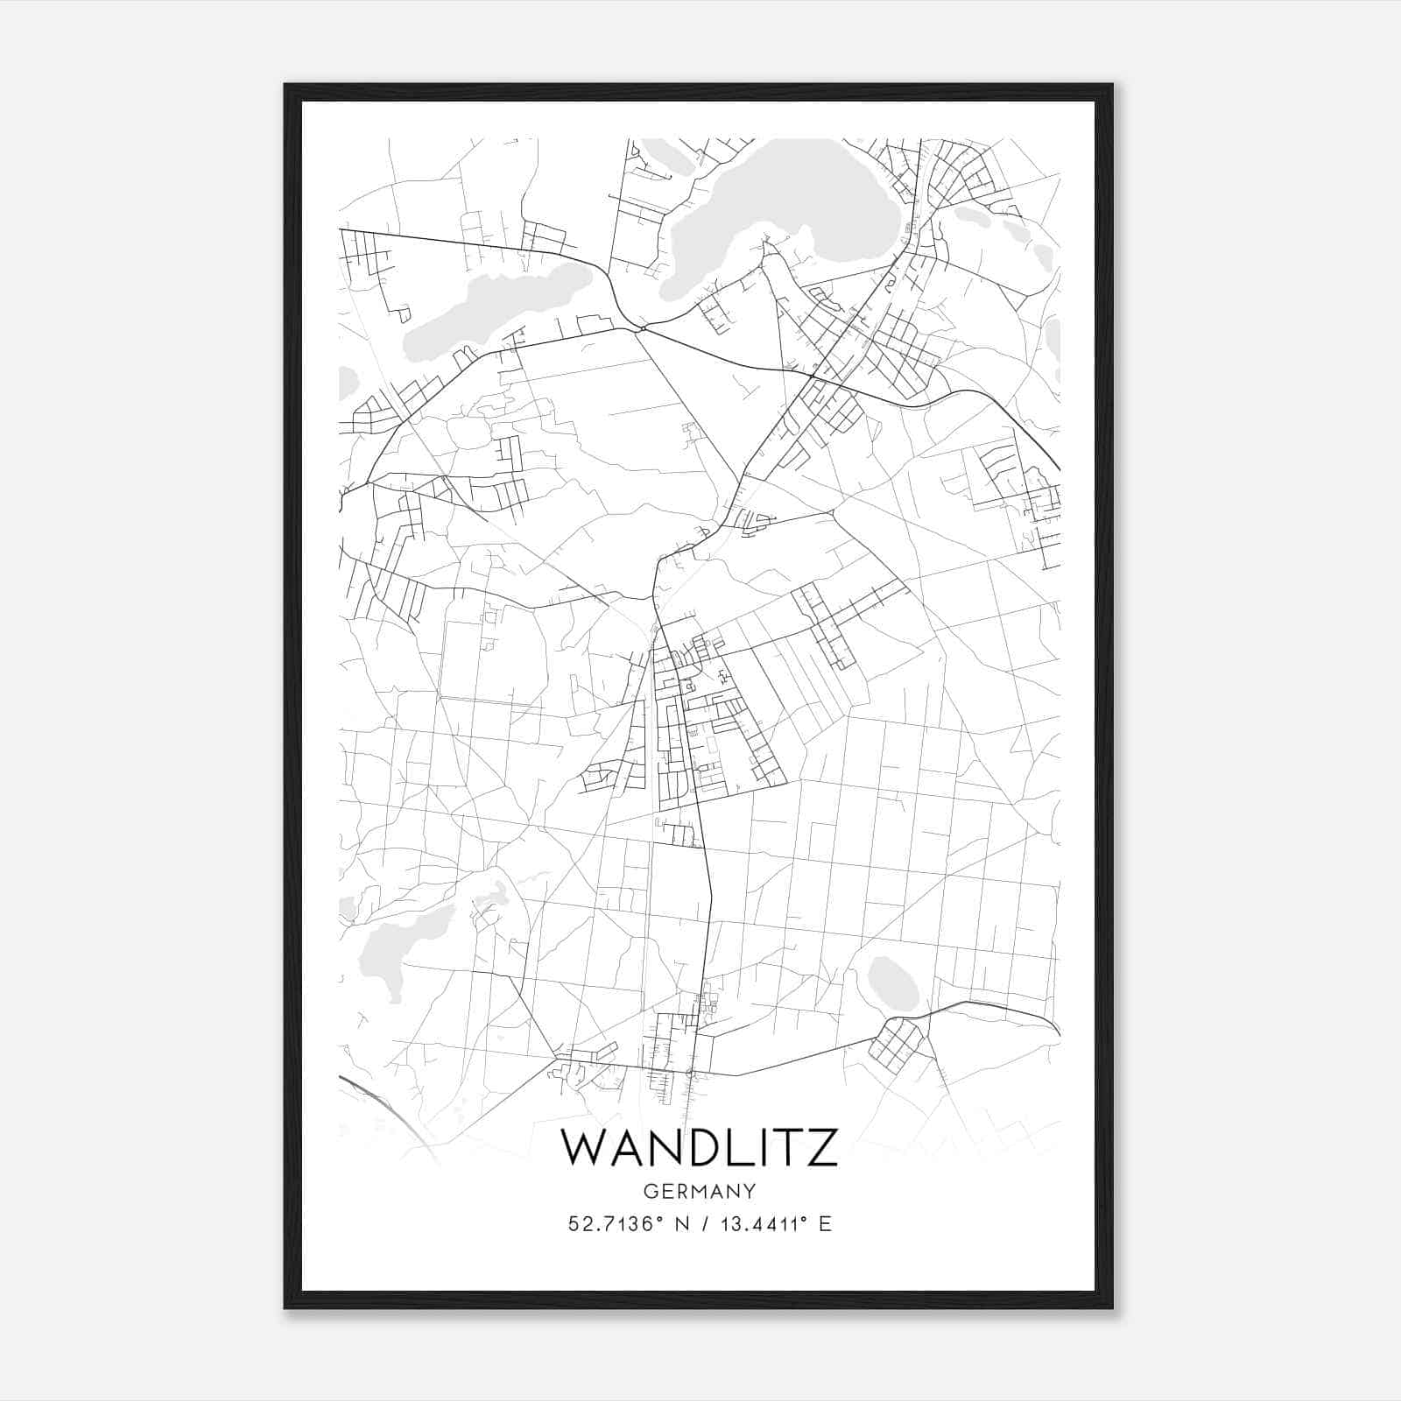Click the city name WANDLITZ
click(699, 1147)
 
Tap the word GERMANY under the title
click(699, 1191)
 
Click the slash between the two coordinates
click(705, 1224)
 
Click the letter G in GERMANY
click(649, 1191)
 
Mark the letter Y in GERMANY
click(750, 1191)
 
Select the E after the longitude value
click(824, 1224)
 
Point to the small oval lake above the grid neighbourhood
click(893, 982)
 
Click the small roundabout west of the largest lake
click(643, 329)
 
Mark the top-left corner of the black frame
click(285, 85)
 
